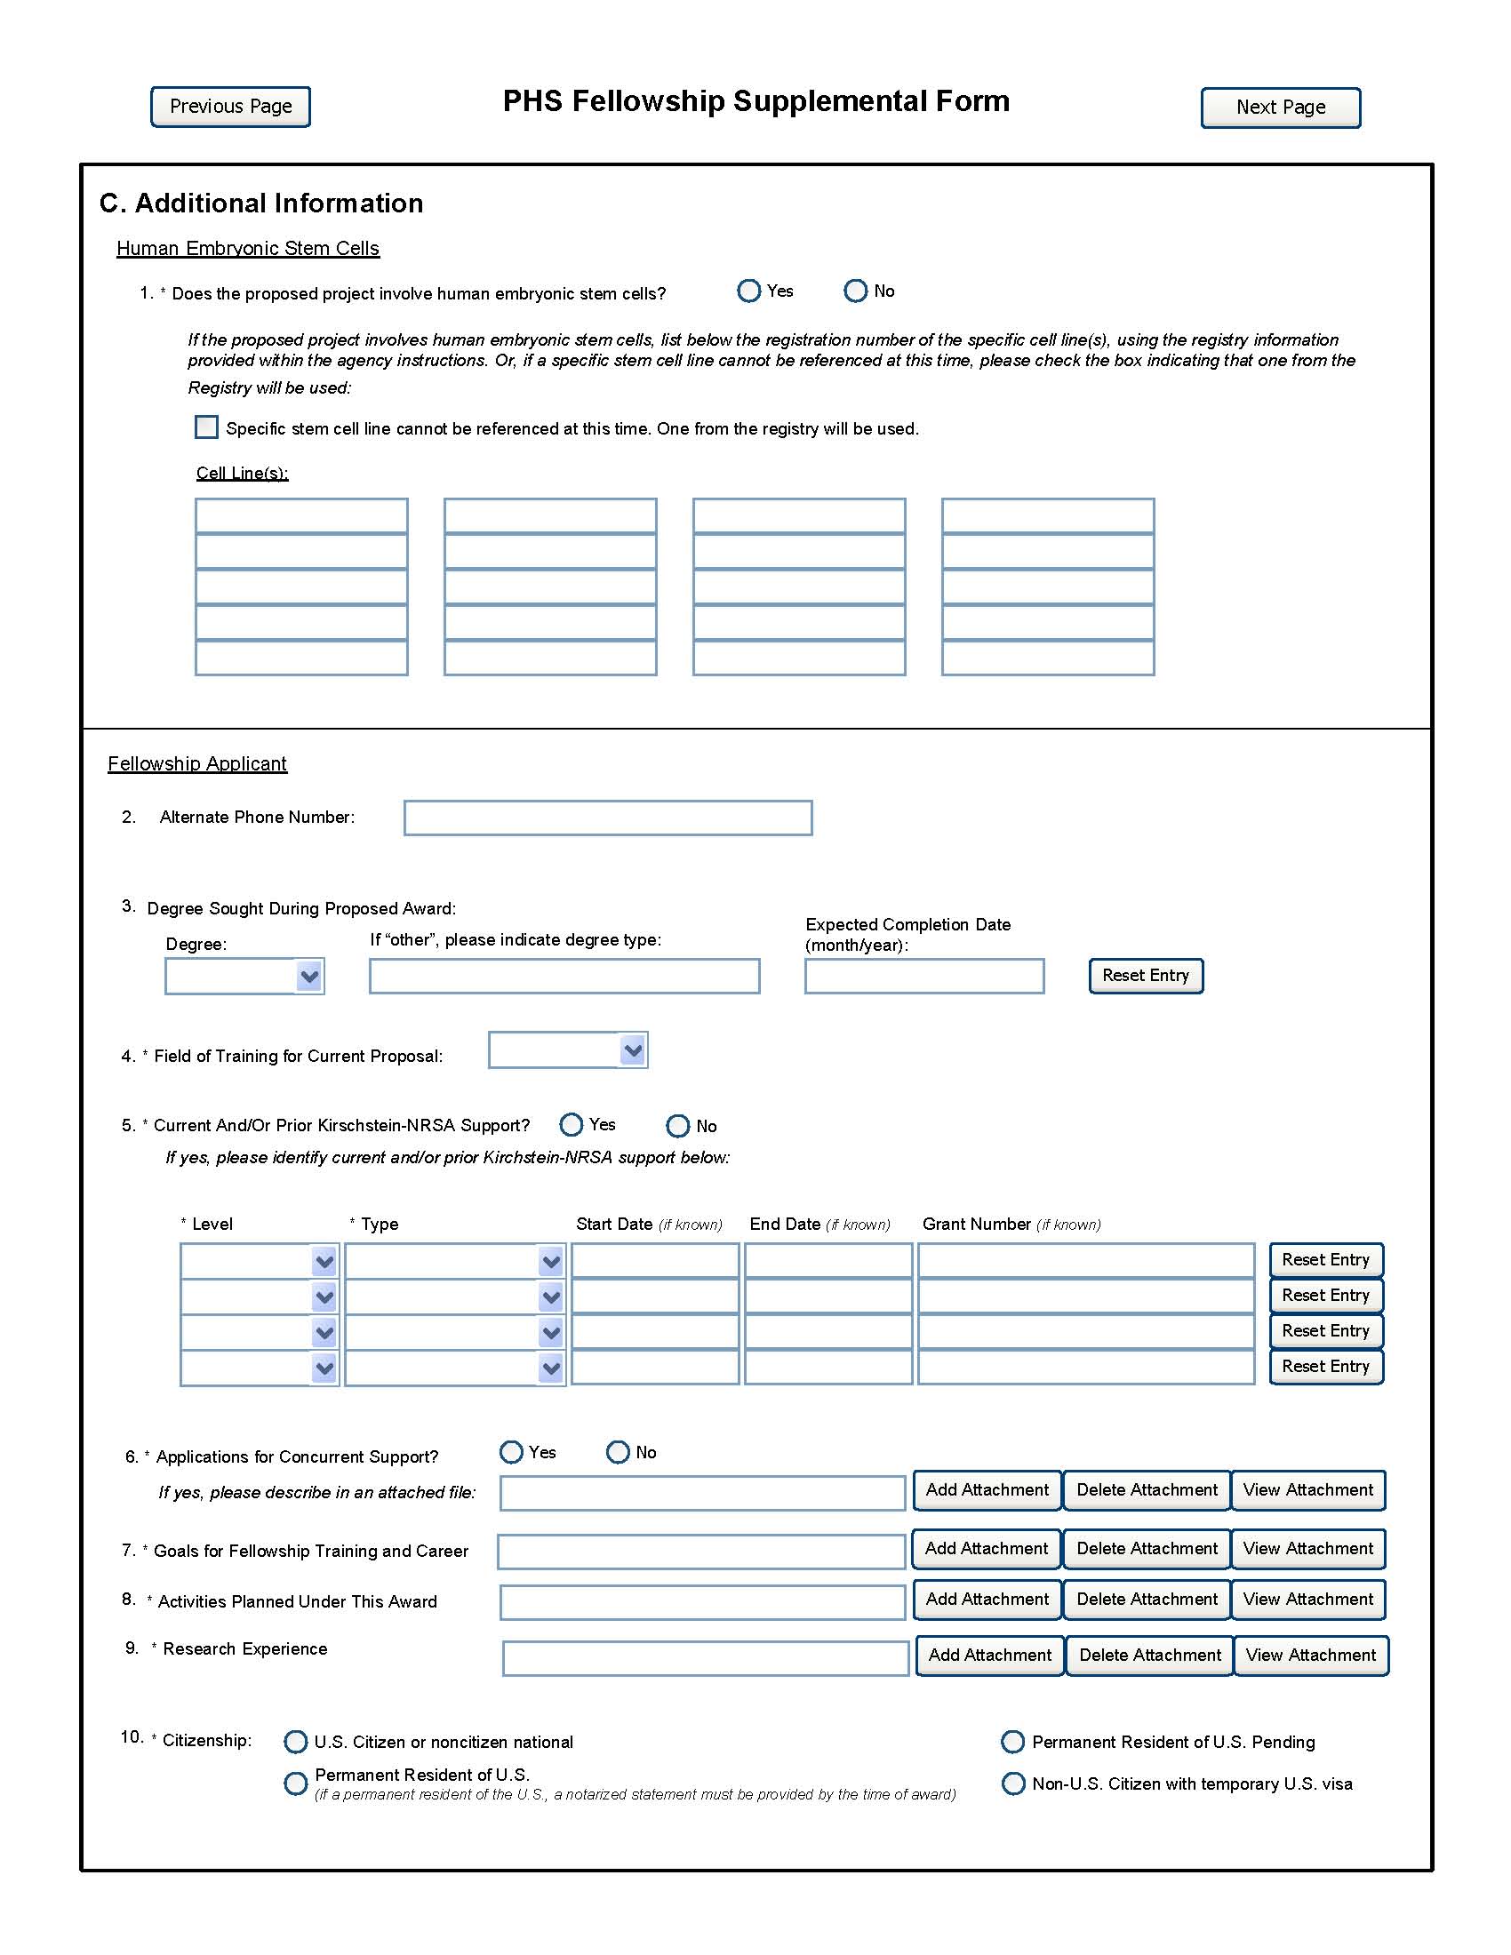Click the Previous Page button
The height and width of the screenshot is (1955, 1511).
230,107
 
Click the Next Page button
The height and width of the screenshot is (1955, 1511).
1280,108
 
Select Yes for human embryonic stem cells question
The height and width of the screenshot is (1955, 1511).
748,291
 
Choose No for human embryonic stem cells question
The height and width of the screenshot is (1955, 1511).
855,291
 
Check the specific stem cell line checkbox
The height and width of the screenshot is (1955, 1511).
207,427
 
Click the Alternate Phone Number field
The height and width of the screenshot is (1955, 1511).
608,818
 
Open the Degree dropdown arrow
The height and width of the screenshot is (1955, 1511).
308,976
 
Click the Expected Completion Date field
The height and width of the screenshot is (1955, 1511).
923,976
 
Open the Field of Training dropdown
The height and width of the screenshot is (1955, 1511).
632,1050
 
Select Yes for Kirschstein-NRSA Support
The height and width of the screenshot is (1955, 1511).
572,1124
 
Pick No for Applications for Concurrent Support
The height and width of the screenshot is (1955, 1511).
618,1452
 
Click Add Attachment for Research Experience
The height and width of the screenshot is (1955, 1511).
989,1656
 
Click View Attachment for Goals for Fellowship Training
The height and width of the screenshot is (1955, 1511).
1307,1549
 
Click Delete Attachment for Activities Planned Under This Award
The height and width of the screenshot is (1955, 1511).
1147,1600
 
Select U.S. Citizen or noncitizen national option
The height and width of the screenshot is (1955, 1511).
295,1742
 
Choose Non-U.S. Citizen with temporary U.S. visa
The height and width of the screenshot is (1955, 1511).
1013,1783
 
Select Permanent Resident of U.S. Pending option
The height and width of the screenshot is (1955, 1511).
1012,1742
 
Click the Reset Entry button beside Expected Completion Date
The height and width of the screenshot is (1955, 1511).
1146,976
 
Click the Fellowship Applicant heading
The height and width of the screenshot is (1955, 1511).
197,763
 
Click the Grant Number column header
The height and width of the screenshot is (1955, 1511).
977,1224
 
